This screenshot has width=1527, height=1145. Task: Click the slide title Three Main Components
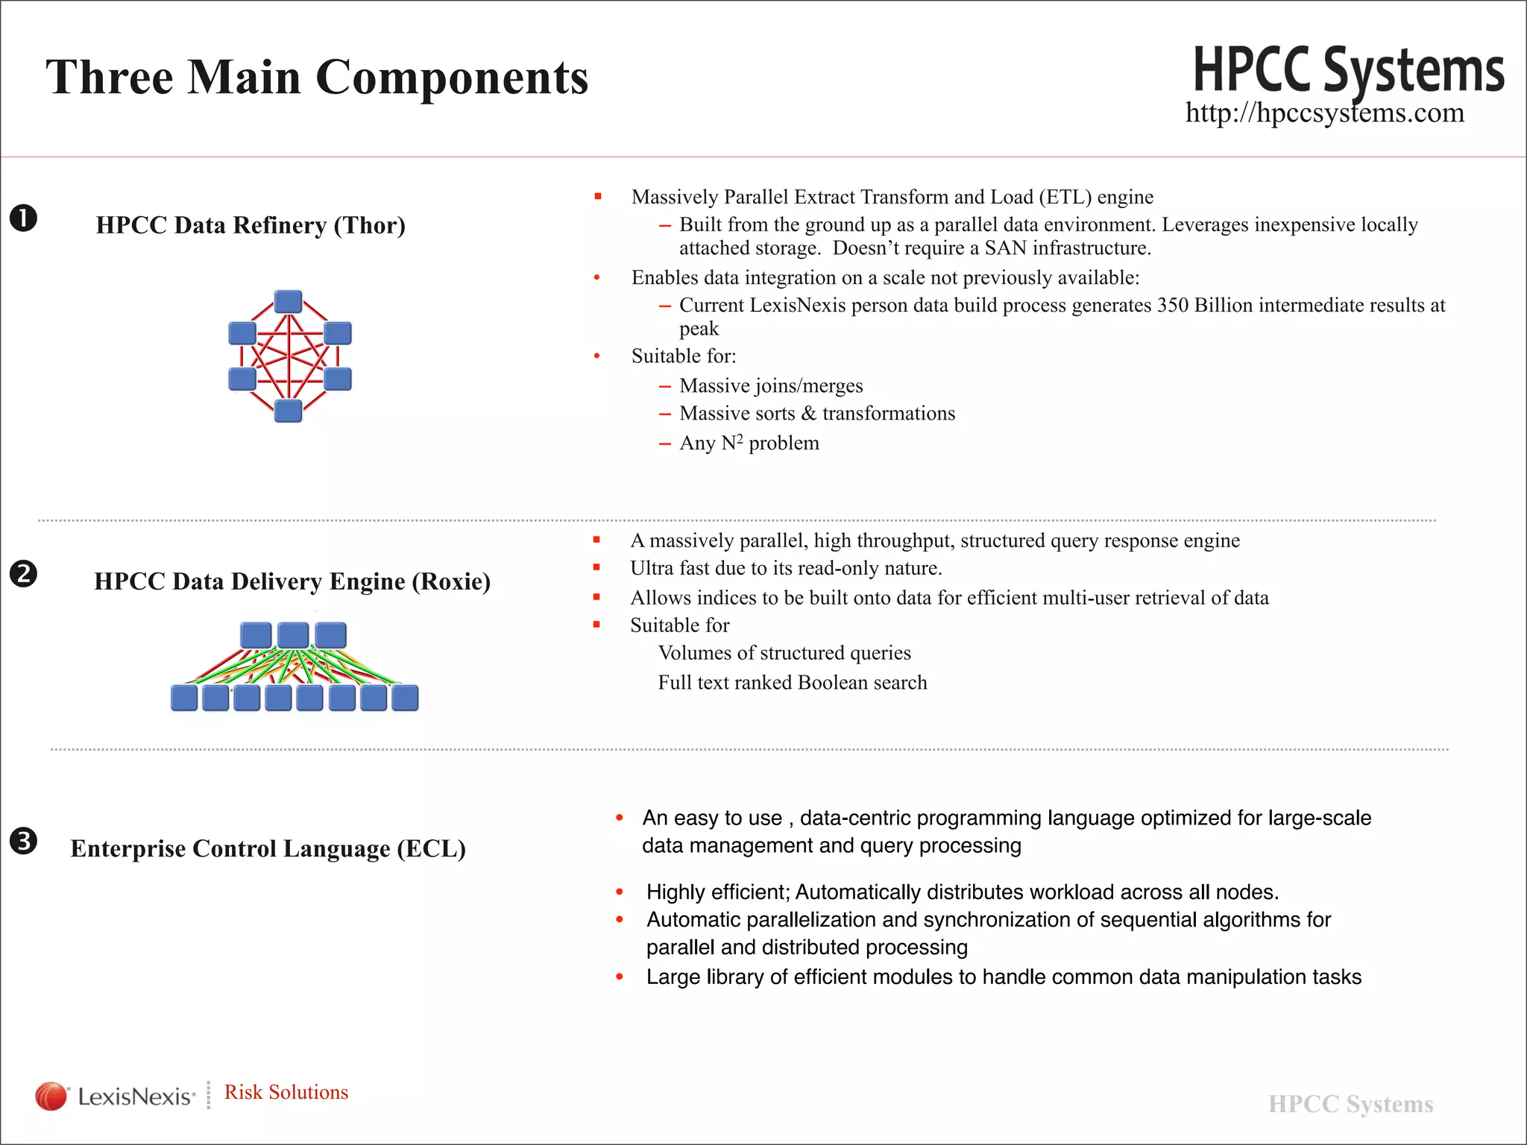317,77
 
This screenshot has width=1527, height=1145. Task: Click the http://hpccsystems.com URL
1324,113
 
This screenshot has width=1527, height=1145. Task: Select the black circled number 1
23,218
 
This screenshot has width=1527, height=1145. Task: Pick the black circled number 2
23,574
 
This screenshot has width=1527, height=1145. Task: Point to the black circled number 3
23,841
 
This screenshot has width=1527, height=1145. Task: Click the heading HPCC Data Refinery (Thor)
251,225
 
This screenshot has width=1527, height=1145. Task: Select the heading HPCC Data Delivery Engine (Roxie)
292,581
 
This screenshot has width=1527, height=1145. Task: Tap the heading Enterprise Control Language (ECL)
268,848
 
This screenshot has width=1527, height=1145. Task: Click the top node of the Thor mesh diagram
289,302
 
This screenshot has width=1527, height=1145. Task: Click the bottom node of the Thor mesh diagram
289,411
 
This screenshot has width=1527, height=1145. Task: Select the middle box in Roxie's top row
293,635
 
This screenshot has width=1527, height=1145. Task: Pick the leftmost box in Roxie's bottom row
184,698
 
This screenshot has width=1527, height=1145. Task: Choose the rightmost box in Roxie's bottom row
405,698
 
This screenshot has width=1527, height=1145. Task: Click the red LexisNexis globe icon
51,1096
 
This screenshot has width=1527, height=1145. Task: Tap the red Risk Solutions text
286,1092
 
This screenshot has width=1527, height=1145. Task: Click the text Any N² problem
749,444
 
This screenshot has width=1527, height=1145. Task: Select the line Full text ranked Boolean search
792,683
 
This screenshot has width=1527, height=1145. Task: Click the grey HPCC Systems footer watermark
1350,1104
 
